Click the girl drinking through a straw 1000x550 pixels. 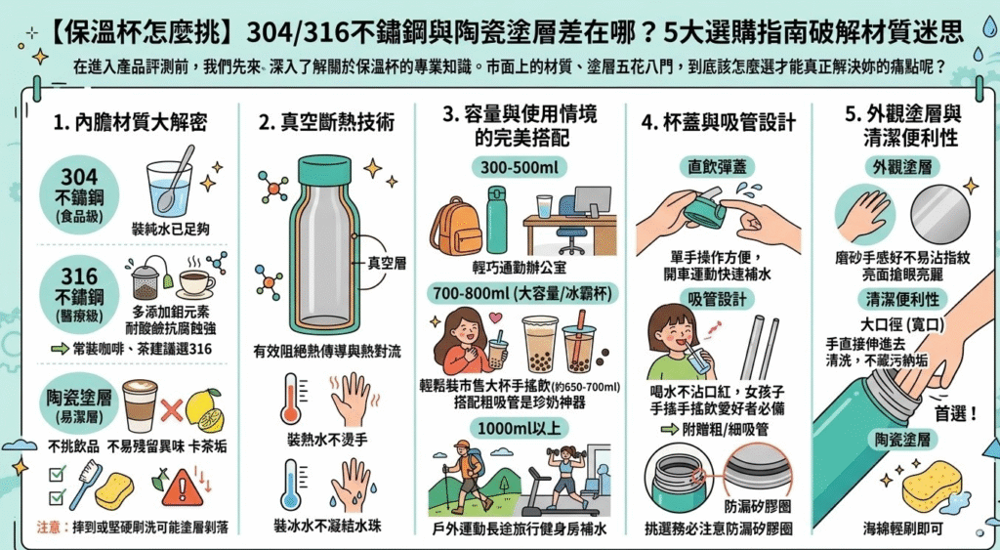click(678, 341)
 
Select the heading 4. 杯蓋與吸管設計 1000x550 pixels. click(718, 124)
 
